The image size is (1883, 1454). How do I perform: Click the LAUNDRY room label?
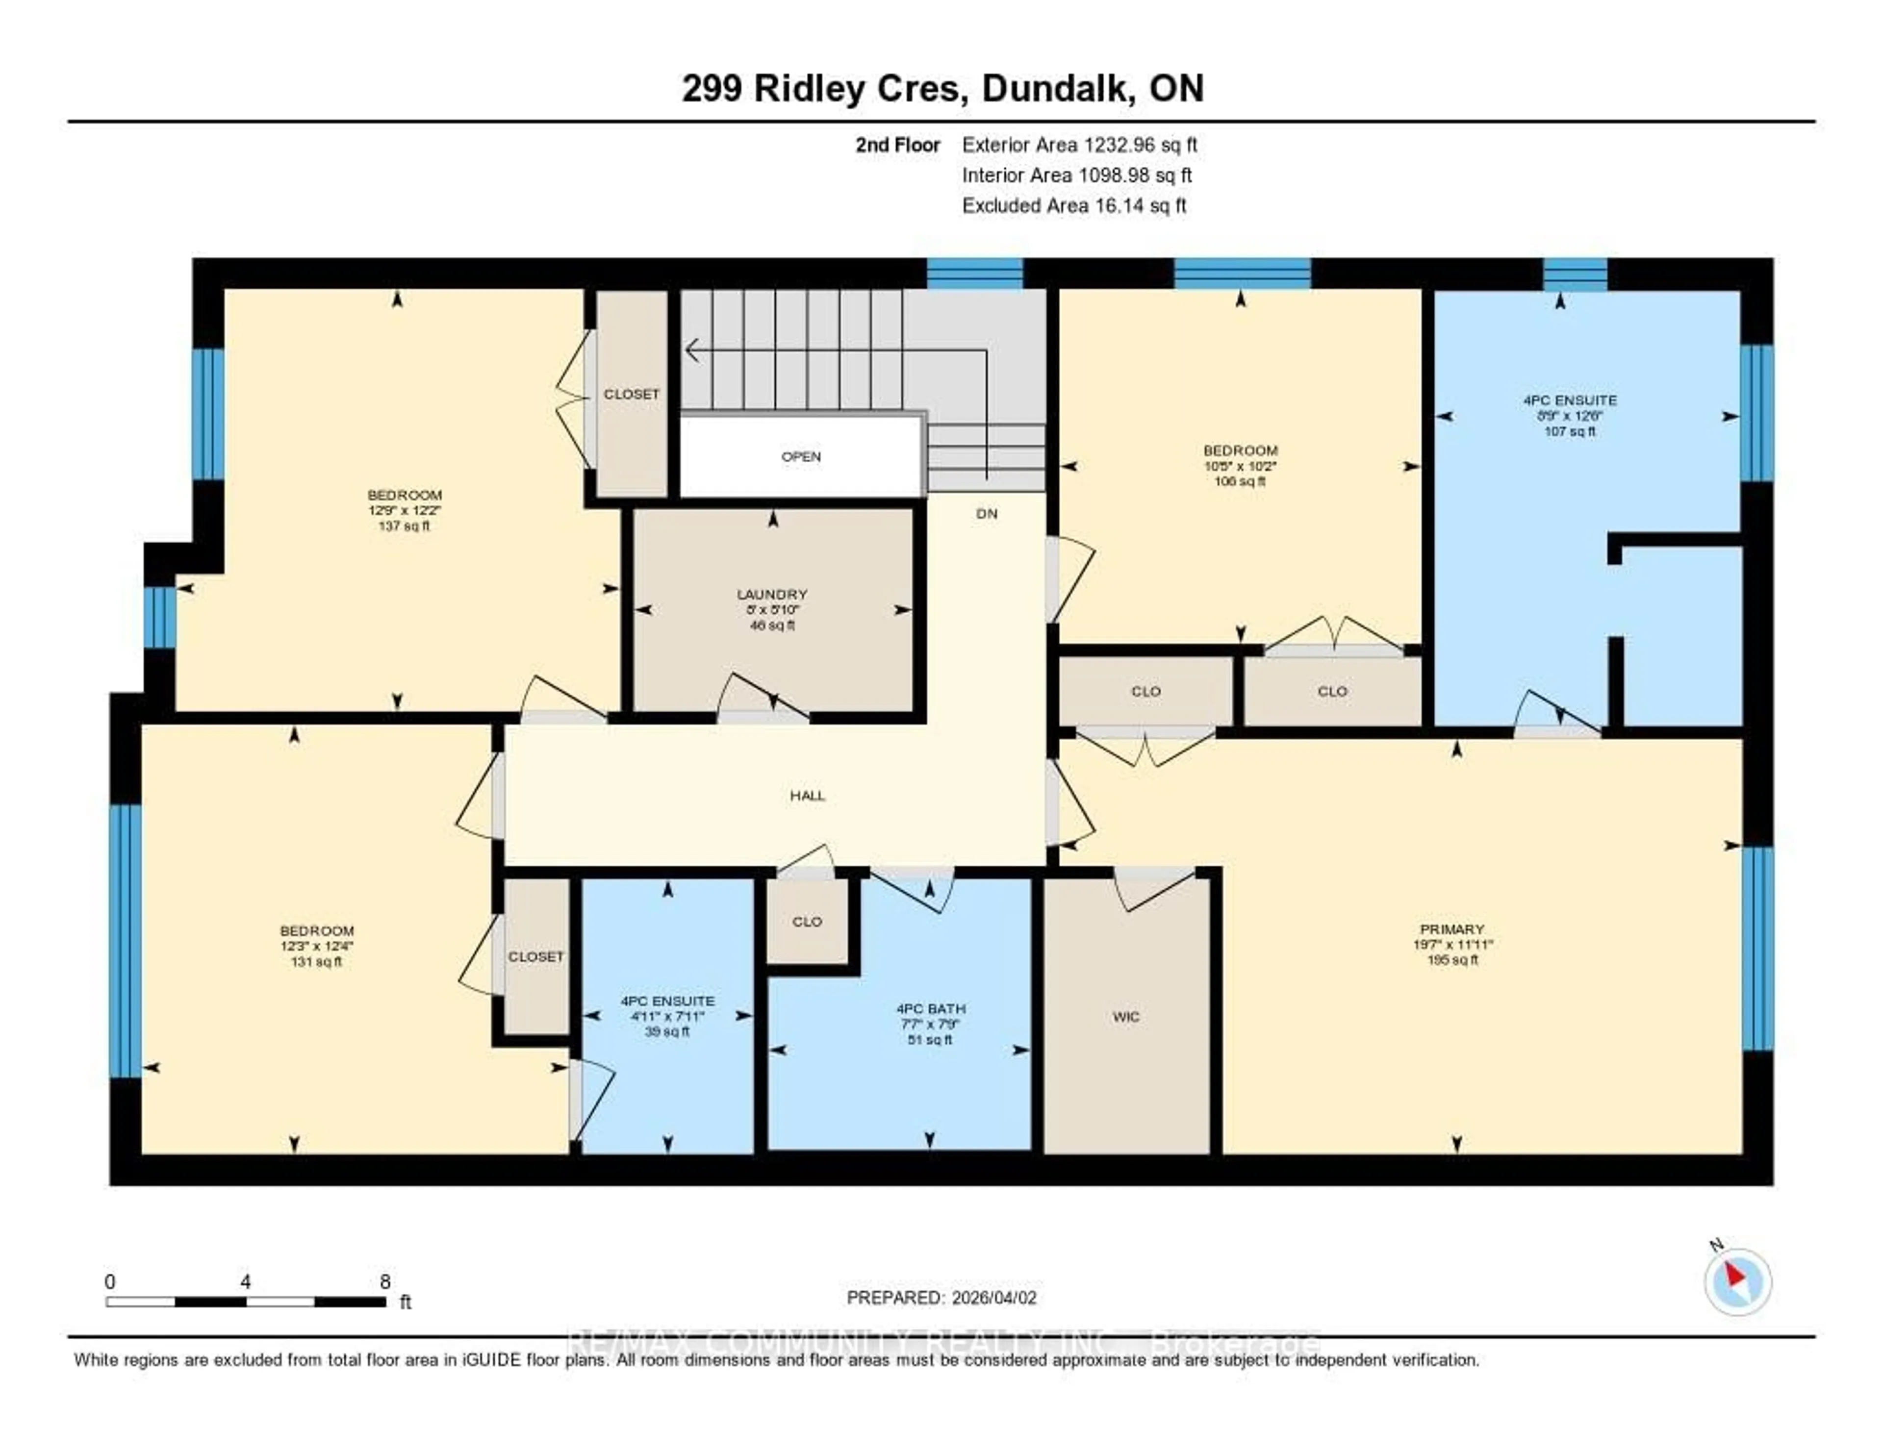772,594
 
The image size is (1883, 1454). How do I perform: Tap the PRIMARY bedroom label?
1452,929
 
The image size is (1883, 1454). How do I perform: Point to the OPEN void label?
801,457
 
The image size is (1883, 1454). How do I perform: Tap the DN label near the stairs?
986,514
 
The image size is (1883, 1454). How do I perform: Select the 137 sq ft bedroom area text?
404,526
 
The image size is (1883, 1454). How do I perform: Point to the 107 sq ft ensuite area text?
1569,431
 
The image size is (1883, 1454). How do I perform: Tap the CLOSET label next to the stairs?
631,394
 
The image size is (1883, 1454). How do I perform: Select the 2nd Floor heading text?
897,145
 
